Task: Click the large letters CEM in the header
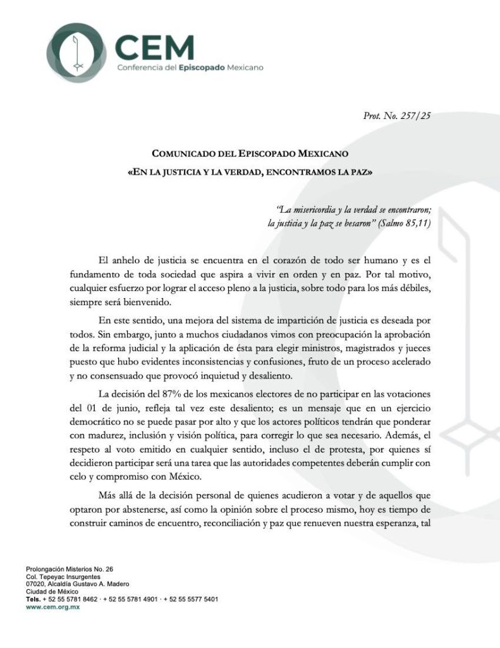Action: (x=155, y=46)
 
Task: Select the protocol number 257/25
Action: (x=414, y=116)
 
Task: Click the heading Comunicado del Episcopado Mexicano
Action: (x=250, y=153)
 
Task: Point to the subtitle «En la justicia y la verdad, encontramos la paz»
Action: (x=250, y=172)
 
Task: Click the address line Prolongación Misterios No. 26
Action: (x=70, y=569)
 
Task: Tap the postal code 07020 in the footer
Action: (x=35, y=584)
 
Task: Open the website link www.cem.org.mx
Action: (x=52, y=607)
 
